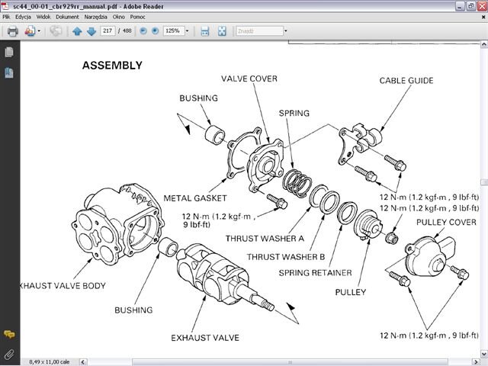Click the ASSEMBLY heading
[112, 66]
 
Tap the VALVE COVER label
[249, 79]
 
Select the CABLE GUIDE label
[406, 81]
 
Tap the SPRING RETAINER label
[315, 272]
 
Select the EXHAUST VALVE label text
[205, 337]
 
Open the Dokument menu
[67, 16]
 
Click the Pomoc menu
[137, 16]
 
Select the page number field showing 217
[108, 31]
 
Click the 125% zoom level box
[174, 31]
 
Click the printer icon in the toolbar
[12, 31]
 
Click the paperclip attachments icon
[9, 354]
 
